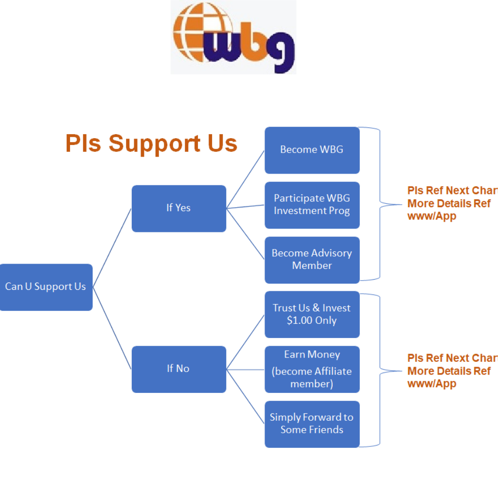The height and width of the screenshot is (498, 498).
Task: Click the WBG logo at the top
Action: click(233, 37)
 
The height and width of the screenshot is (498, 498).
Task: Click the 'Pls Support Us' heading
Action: click(151, 143)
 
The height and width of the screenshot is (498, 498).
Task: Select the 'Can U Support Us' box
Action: click(46, 287)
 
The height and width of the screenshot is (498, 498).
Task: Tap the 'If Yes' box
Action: click(178, 208)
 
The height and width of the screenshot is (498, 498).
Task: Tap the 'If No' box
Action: click(178, 369)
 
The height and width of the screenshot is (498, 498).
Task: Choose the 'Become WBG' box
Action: click(312, 150)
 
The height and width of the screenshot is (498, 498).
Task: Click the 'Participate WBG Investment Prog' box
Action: click(312, 205)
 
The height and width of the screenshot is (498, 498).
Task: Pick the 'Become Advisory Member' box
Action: click(312, 260)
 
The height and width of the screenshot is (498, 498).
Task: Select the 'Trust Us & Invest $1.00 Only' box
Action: click(312, 314)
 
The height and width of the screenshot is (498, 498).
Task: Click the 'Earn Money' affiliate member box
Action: click(312, 369)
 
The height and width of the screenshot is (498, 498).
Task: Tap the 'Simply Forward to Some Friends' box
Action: click(312, 424)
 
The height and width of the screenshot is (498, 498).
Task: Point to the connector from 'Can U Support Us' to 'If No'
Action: click(112, 328)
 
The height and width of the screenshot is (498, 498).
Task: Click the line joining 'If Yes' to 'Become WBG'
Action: click(246, 179)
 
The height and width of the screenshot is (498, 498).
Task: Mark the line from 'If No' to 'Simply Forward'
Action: click(246, 396)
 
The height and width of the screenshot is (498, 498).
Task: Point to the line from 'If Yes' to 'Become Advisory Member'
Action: click(246, 234)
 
